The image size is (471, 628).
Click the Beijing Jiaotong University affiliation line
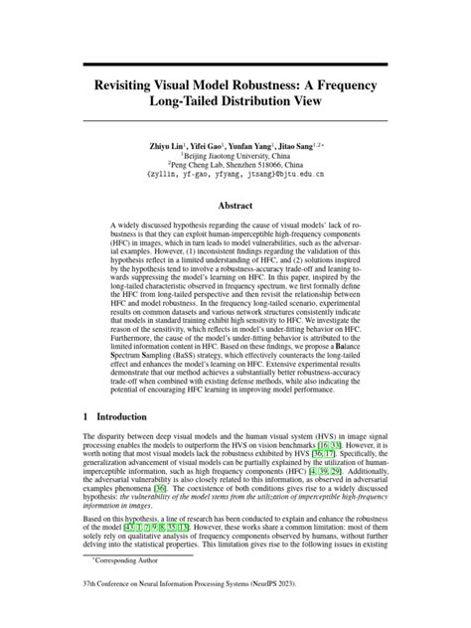coord(235,156)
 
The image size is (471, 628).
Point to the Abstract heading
coord(235,207)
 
